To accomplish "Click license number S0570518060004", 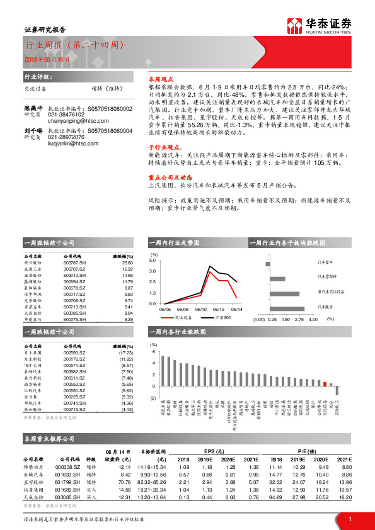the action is coord(110,148).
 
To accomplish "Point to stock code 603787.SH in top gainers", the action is coord(74,263).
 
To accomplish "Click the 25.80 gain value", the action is coord(127,263).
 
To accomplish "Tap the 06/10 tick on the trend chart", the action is coord(201,309).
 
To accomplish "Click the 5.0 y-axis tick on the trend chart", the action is coord(153,259).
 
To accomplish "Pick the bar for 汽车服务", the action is coord(287,308).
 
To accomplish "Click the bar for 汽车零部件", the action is coord(277,279).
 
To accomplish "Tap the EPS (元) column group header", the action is coord(215,451).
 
